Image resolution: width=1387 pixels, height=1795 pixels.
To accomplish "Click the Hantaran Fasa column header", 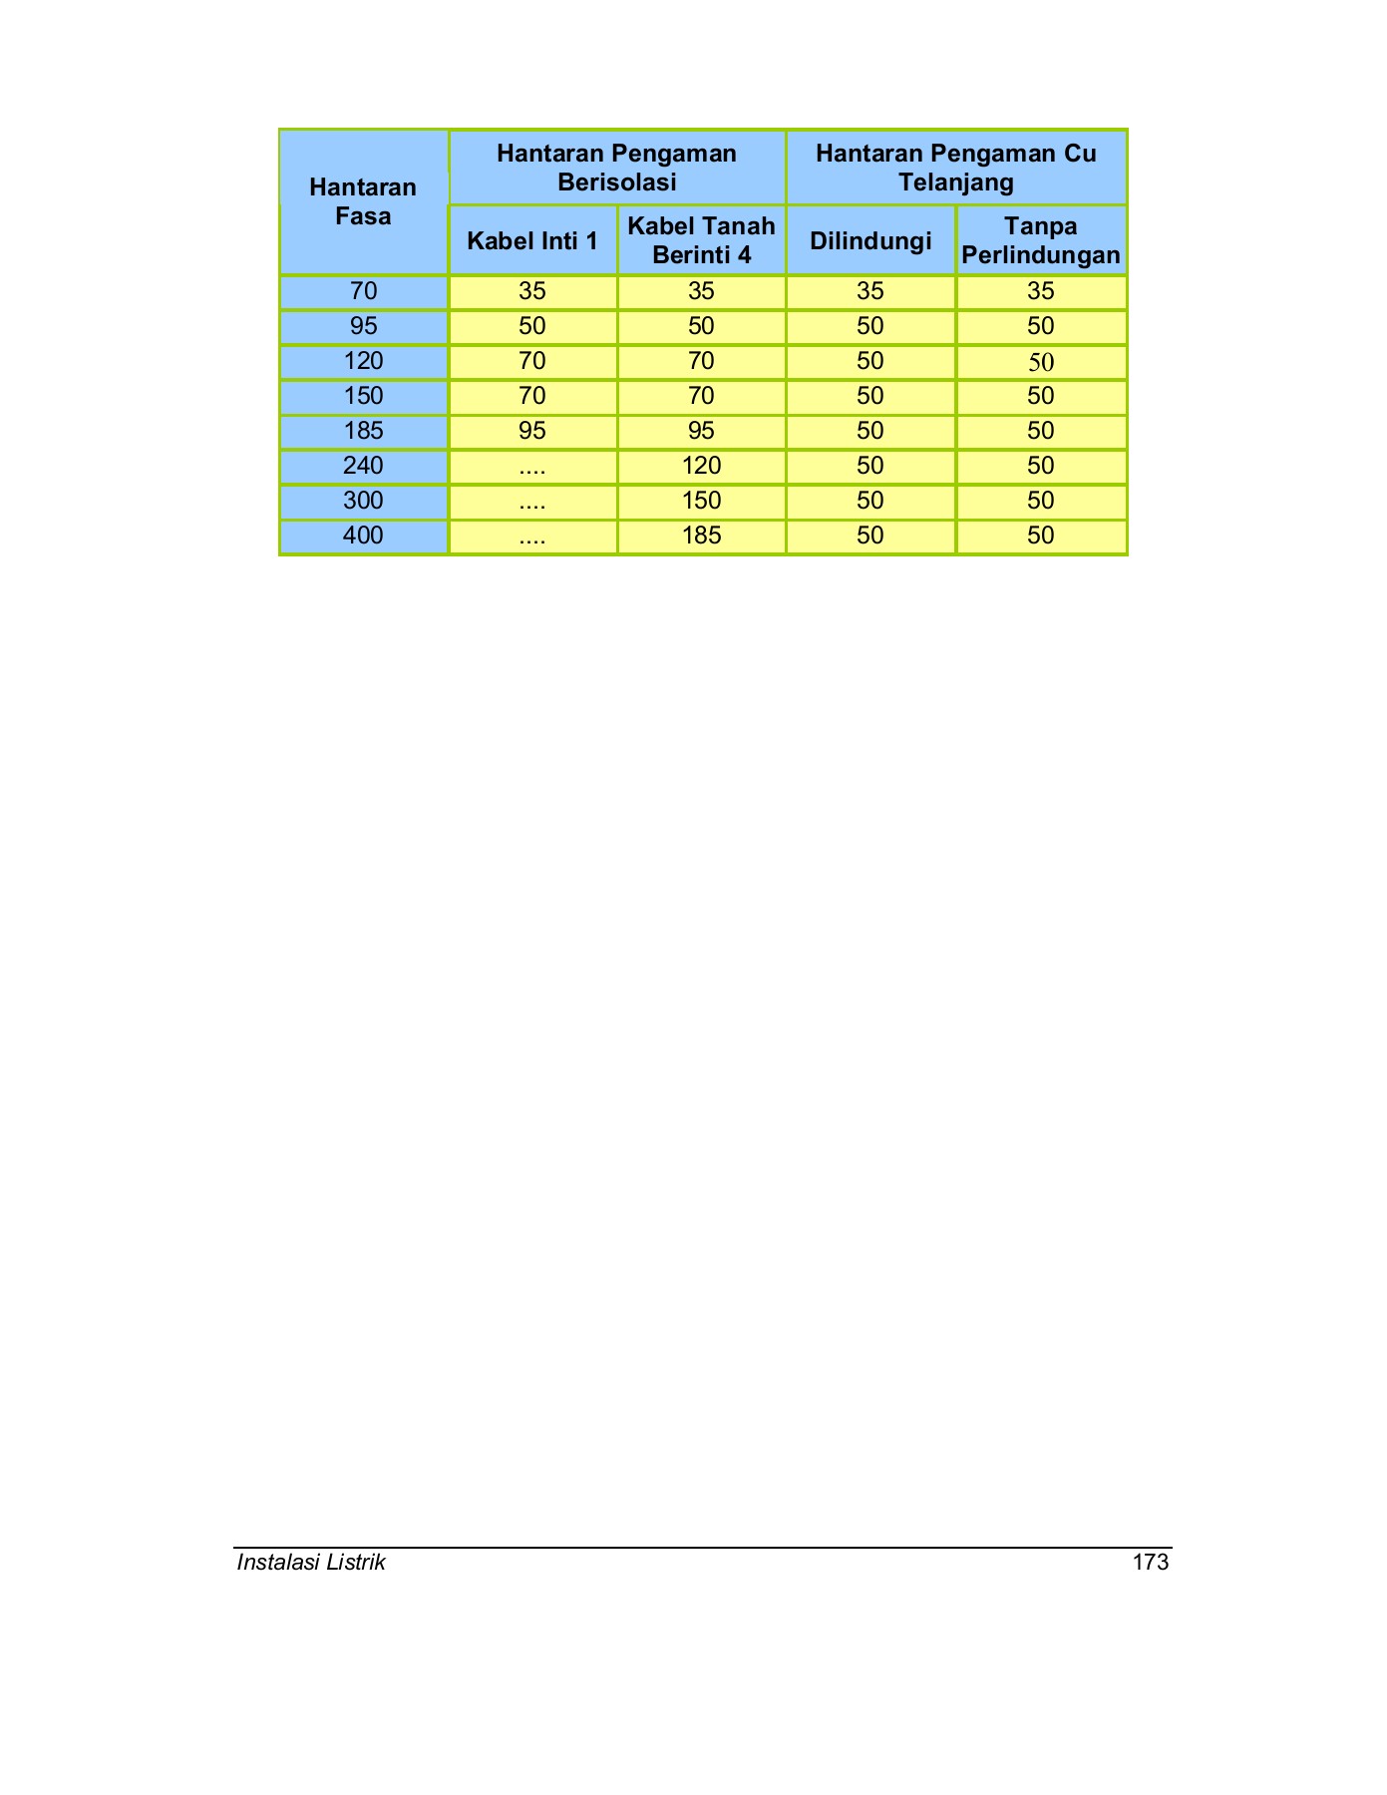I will [363, 201].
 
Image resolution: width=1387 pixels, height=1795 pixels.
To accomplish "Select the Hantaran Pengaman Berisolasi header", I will [616, 168].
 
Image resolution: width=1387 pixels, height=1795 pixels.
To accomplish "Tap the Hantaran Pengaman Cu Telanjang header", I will [955, 168].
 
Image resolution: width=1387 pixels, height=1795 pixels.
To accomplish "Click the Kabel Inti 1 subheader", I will [532, 240].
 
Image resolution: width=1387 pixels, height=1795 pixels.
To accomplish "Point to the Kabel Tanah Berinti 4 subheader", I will [701, 240].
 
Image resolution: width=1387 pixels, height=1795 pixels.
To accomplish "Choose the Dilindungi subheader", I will [870, 240].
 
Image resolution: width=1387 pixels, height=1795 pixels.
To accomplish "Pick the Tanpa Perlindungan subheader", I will [1041, 240].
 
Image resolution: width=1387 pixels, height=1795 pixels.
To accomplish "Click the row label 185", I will [363, 431].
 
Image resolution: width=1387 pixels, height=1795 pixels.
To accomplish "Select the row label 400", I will [363, 536].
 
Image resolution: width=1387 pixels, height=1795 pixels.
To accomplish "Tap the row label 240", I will [363, 466].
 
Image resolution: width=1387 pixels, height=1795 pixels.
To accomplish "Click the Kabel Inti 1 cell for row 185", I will [532, 431].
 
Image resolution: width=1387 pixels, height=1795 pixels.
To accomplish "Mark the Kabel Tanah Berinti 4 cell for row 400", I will [701, 536].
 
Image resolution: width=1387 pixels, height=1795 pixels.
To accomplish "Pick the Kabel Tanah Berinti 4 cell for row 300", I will [701, 501].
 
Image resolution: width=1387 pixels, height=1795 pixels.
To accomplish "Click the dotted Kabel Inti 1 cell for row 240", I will [532, 466].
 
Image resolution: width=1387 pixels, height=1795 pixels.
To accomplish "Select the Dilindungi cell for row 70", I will [870, 291].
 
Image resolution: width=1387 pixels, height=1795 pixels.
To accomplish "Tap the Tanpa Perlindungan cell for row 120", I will [1041, 362].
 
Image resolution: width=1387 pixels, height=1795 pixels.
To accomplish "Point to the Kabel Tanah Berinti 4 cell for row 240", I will [701, 466].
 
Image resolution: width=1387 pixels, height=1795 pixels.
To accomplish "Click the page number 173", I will [1151, 1563].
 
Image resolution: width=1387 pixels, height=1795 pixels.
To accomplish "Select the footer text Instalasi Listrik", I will [311, 1563].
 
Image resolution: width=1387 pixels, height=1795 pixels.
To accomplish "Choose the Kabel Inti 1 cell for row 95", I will [532, 326].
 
